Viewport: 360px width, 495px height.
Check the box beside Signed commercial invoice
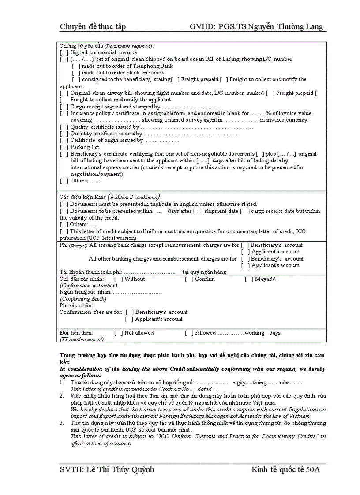(x=64, y=52)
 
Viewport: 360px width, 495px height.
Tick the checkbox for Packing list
(x=64, y=147)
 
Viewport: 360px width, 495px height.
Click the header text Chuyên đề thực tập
(x=93, y=27)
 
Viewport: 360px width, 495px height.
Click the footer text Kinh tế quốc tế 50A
(x=285, y=469)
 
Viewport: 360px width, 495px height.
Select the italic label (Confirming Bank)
(x=83, y=299)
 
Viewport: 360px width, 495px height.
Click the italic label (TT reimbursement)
(x=82, y=339)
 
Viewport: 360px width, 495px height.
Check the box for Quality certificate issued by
(x=64, y=127)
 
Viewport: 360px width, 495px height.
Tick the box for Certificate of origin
(x=64, y=141)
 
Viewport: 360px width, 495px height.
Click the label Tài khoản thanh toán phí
(x=90, y=272)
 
